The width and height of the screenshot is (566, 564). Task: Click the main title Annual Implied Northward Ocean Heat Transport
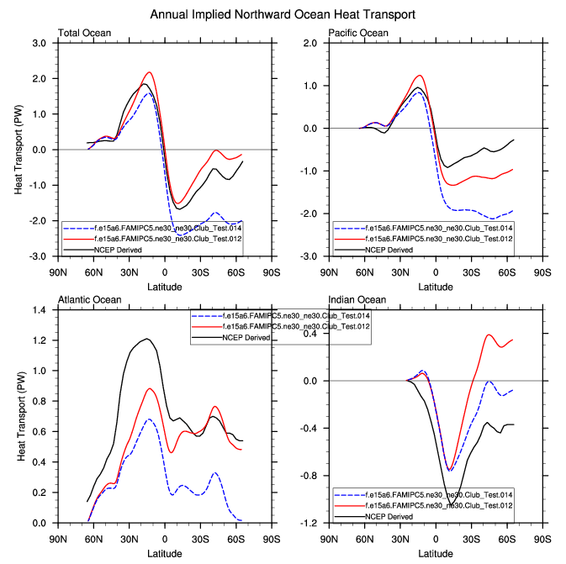pyautogui.click(x=282, y=15)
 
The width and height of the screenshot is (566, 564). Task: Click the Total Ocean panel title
pyautogui.click(x=84, y=34)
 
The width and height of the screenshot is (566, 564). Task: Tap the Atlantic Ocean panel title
pyautogui.click(x=89, y=300)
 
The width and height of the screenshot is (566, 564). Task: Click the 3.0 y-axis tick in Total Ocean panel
pyautogui.click(x=40, y=43)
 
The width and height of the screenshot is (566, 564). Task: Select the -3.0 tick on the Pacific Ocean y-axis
pyautogui.click(x=310, y=256)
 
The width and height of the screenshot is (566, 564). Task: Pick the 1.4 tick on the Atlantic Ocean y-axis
pyautogui.click(x=40, y=309)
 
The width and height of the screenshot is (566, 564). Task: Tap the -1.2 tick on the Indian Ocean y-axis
pyautogui.click(x=310, y=523)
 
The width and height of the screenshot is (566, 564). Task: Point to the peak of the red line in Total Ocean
pyautogui.click(x=149, y=72)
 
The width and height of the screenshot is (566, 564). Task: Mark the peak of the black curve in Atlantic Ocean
pyautogui.click(x=147, y=339)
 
